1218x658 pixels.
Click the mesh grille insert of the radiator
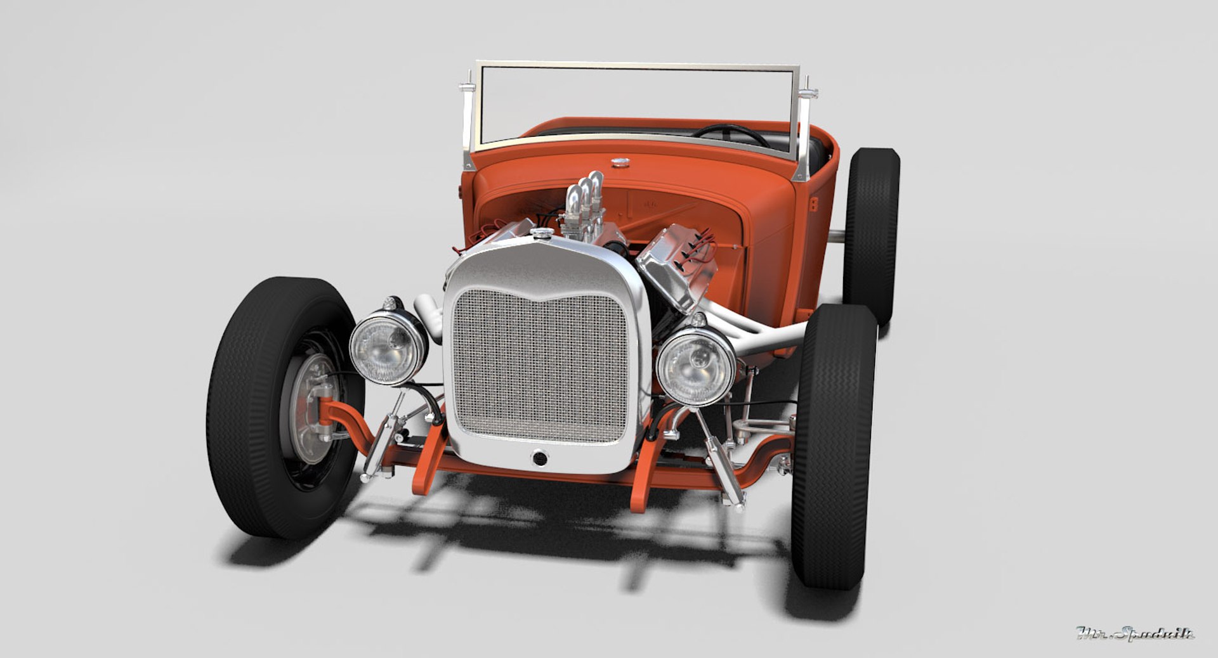[x=541, y=366]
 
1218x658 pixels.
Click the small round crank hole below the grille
[x=539, y=457]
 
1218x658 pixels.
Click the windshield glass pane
[x=634, y=101]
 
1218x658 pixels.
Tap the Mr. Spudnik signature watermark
[x=1135, y=633]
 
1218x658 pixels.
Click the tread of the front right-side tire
[x=831, y=444]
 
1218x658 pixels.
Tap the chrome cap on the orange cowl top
[x=620, y=163]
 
